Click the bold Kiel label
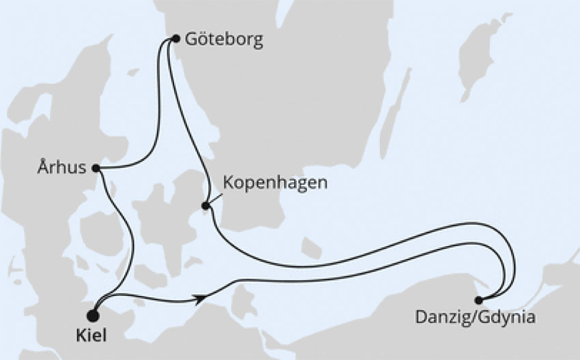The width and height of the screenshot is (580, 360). [102, 337]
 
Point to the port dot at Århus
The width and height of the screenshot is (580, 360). [96, 168]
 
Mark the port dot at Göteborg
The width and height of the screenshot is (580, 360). [175, 39]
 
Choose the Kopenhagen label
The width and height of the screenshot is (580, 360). [265, 183]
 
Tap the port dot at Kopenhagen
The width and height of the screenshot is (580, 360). [205, 205]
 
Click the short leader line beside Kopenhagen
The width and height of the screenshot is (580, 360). [214, 197]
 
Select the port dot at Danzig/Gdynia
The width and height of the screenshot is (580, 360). [478, 300]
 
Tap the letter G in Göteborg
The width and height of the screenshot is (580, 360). [190, 40]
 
